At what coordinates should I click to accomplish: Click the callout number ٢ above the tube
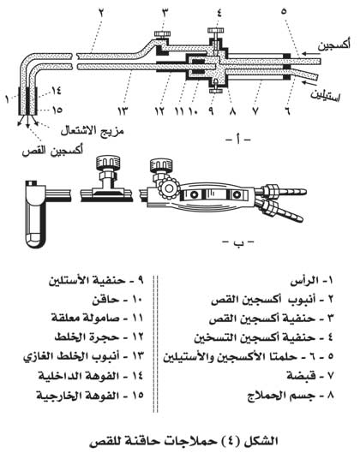point(101,12)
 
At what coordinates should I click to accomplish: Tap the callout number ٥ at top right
point(283,12)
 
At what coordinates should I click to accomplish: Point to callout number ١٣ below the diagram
point(123,111)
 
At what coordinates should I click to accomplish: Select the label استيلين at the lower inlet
point(325,95)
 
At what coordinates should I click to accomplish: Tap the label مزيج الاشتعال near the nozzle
point(92,130)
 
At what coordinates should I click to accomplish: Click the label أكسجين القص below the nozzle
point(53,151)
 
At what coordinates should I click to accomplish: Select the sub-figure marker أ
point(238,140)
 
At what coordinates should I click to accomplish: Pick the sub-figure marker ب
point(237,242)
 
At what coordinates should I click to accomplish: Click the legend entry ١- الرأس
point(312,282)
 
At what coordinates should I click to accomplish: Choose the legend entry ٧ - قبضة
point(310,376)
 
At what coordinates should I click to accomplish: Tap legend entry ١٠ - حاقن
point(117,300)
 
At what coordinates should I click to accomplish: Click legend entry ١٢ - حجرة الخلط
point(99,337)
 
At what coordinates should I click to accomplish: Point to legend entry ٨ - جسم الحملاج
point(291,395)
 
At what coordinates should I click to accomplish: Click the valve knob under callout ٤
point(216,30)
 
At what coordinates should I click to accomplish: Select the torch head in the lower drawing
point(35,214)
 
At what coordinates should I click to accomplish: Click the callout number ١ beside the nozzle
point(7,99)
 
